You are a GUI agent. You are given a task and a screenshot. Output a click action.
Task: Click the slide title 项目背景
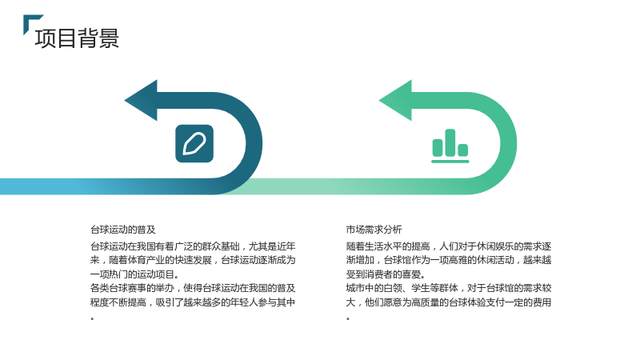[77, 38]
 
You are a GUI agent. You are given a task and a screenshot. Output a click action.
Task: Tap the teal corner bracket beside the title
[30, 21]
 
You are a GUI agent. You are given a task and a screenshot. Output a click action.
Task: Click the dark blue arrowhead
[142, 101]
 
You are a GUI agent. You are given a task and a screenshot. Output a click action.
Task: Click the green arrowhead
[396, 101]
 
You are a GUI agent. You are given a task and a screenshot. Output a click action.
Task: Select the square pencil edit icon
[194, 144]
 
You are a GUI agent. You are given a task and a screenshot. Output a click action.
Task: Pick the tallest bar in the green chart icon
[450, 142]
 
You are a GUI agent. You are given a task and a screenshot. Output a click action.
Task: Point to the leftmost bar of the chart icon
[438, 147]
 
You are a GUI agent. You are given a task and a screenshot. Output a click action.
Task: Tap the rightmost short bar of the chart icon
[463, 150]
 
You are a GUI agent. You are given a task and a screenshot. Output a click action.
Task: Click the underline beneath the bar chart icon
[450, 162]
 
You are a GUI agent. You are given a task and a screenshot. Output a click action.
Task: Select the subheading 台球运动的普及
[123, 230]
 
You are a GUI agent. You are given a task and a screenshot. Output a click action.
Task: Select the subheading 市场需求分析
[374, 230]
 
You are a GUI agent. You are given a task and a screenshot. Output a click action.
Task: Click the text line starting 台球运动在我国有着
[193, 246]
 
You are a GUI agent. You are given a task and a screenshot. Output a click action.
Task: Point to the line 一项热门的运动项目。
[134, 274]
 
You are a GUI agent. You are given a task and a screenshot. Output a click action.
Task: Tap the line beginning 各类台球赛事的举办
[193, 288]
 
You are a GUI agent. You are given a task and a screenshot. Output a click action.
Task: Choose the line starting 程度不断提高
[193, 302]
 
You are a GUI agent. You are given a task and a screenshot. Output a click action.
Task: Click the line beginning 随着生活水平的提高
[449, 246]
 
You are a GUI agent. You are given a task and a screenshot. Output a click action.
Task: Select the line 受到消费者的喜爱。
[386, 274]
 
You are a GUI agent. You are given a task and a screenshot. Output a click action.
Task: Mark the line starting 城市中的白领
[449, 288]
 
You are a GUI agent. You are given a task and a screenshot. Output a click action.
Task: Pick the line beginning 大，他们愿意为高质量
[449, 302]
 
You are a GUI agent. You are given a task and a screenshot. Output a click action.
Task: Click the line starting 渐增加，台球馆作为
[449, 260]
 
